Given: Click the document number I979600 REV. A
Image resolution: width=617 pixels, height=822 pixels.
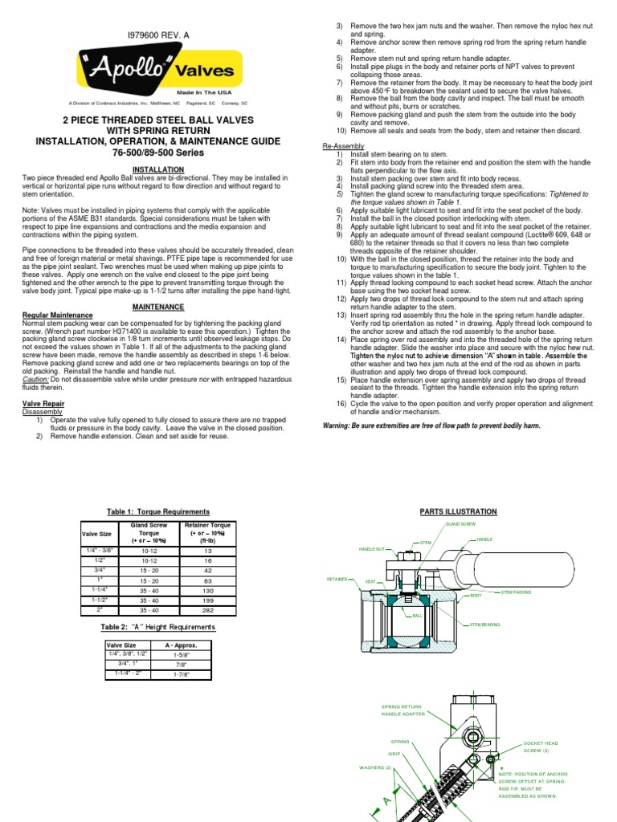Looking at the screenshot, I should click(x=153, y=36).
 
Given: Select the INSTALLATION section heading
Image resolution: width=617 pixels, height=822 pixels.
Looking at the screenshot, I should click(x=153, y=169).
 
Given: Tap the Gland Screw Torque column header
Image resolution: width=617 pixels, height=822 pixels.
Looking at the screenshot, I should click(x=149, y=532).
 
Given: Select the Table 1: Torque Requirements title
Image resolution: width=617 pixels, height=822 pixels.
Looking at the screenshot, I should click(x=158, y=511).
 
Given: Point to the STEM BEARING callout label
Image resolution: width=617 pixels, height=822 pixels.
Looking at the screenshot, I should click(x=486, y=623).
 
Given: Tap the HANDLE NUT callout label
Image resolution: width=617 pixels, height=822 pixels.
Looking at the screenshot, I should click(x=372, y=549).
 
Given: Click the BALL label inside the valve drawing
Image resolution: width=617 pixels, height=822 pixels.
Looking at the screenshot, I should click(x=418, y=616).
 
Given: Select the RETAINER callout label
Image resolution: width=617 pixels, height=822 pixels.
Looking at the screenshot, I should click(x=337, y=578).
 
